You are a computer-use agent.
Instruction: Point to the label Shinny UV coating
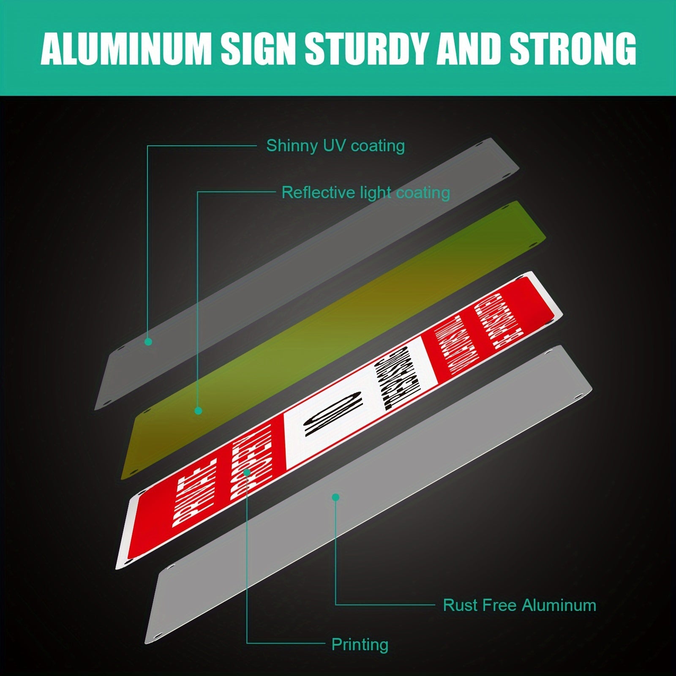click(335, 146)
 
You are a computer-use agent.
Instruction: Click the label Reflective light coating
click(365, 193)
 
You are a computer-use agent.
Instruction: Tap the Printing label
click(360, 644)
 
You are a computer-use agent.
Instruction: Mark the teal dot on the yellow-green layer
click(198, 410)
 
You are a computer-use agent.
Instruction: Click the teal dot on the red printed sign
click(248, 472)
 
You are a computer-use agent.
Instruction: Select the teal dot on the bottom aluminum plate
click(336, 498)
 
